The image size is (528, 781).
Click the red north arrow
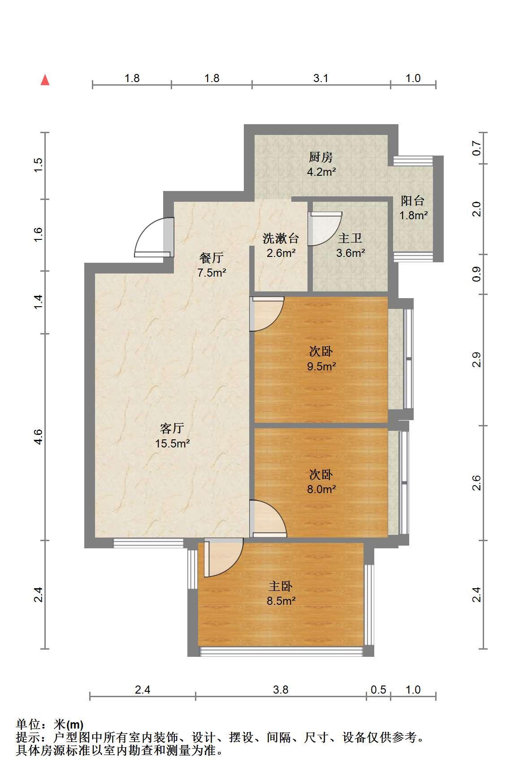pos(45,80)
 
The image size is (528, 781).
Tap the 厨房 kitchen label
pos(321,157)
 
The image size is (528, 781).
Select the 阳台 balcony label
pos(413,200)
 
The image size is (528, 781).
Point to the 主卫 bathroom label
pos(350,238)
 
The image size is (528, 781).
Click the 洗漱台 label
pos(281,238)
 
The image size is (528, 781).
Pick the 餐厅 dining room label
pos(211,258)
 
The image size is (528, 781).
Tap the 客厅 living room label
pos(172,428)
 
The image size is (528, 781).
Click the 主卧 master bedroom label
pos(281,586)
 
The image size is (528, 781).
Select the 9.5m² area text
pos(321,366)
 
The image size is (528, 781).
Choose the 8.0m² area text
pos(321,489)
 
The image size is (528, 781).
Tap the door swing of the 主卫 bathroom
pos(325,228)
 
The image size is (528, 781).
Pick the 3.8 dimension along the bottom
pos(281,690)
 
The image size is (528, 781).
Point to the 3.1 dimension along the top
pos(321,78)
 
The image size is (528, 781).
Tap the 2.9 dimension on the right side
pos(476,360)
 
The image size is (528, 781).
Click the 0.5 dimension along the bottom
pos(378,690)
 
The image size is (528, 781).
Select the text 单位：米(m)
pos(50,725)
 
